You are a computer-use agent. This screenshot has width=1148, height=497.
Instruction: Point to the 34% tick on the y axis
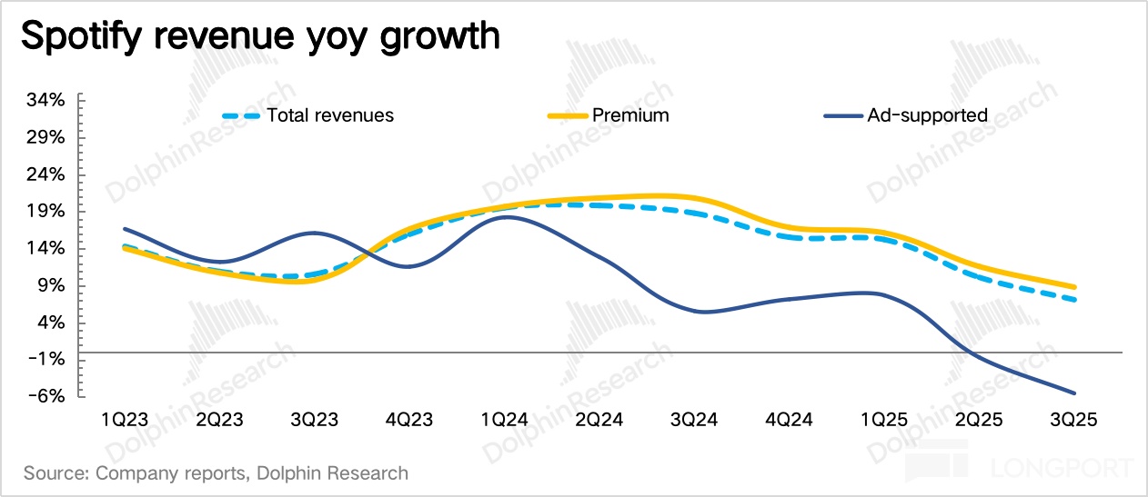pos(45,100)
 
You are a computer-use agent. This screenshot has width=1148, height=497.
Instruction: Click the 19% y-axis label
pos(45,212)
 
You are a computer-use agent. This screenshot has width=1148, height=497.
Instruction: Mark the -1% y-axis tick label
pos(45,360)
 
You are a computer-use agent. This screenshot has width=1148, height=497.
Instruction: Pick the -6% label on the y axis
pos(45,397)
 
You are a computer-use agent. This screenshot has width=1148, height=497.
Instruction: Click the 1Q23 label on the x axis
pos(126,420)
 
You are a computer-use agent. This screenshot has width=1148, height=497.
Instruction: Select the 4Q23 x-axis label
pos(409,420)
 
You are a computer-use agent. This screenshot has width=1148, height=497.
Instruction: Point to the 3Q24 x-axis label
pos(693,420)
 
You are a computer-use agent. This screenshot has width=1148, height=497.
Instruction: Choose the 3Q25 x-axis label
pos(1073,420)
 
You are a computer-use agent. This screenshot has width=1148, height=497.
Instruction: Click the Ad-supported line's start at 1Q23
pos(125,229)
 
